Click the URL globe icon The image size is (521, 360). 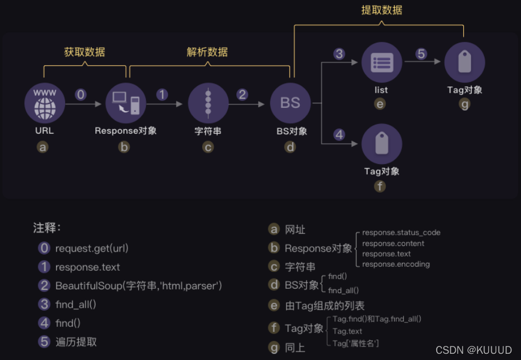pos(45,103)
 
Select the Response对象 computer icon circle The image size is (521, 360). pos(126,103)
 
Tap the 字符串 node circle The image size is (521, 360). pos(208,103)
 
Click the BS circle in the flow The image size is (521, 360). pos(290,103)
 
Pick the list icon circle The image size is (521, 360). pos(382,63)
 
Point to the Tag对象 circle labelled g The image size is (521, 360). pos(464,63)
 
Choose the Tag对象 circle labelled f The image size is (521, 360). pos(382,144)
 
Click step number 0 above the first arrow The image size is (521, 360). pos(81,94)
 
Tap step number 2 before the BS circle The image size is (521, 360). pos(242,94)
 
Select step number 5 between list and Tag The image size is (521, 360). pos(421,54)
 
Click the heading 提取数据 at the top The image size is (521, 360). pos(381,10)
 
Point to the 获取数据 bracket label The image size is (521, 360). pos(85,52)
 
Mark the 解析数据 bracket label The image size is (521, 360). pos(207,52)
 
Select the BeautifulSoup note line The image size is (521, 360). pos(139,286)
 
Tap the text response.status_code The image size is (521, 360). pos(401,233)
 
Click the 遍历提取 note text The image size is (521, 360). pos(76,342)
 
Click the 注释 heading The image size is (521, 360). pos(47,228)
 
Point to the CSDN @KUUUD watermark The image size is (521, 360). pos(474,350)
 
